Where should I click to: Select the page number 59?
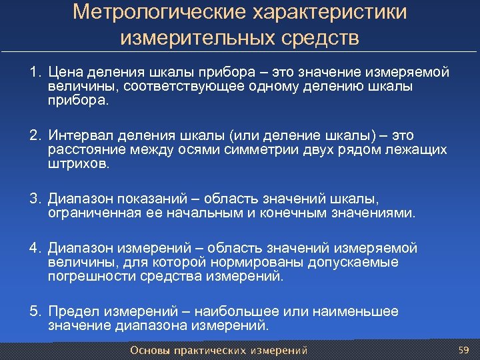tap(465, 349)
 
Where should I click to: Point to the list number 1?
tap(33, 72)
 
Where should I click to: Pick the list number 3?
tap(33, 199)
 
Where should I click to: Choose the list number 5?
tap(33, 311)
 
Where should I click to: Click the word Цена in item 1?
tap(69, 72)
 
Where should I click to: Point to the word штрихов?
tap(76, 164)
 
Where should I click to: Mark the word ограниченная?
tap(93, 213)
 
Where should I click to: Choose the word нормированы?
tap(239, 262)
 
